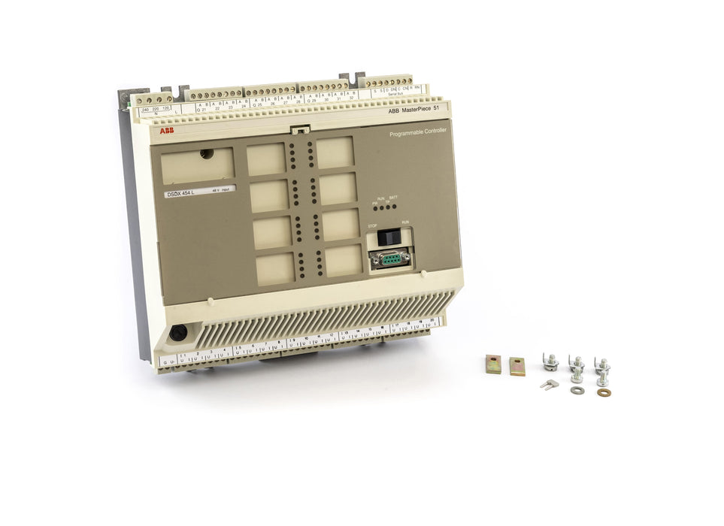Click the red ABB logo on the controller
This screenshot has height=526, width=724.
point(165,131)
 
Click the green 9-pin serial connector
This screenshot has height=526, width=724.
point(389,259)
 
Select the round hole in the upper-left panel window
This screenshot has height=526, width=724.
point(206,154)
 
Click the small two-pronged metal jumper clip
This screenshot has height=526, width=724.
point(548,384)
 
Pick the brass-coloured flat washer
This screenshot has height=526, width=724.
point(604,392)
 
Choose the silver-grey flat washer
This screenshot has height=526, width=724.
point(577,390)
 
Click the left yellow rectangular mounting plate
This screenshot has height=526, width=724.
point(493,365)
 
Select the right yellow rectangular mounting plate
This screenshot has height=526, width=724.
point(517,366)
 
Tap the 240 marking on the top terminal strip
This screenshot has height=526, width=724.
point(145,110)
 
